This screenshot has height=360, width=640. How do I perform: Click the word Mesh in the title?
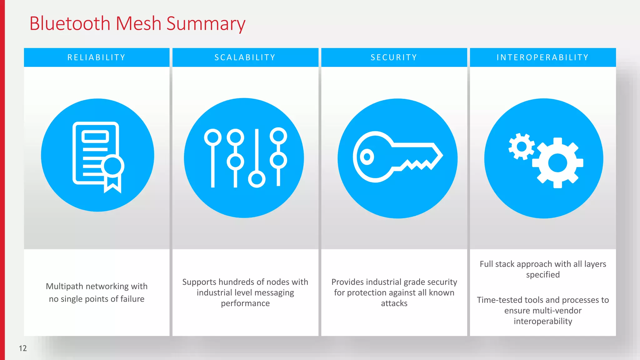pyautogui.click(x=138, y=24)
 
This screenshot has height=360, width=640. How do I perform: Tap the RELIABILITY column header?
pyautogui.click(x=97, y=57)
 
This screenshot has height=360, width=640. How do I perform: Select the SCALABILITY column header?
pyautogui.click(x=245, y=57)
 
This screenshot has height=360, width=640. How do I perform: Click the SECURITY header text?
pyautogui.click(x=394, y=57)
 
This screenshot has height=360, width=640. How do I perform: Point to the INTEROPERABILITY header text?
pyautogui.click(x=542, y=57)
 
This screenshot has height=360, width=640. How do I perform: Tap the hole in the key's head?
pyautogui.click(x=367, y=157)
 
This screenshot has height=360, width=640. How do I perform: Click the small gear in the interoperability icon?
pyautogui.click(x=521, y=146)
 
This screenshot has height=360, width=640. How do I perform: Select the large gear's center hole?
pyautogui.click(x=557, y=163)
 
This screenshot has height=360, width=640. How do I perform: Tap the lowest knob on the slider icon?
pyautogui.click(x=257, y=179)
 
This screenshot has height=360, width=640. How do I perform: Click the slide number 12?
pyautogui.click(x=23, y=348)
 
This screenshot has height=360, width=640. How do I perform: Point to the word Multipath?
pyautogui.click(x=65, y=286)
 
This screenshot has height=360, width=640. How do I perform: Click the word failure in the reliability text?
pyautogui.click(x=132, y=299)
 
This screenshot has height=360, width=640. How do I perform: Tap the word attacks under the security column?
pyautogui.click(x=394, y=303)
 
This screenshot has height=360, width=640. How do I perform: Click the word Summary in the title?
pyautogui.click(x=206, y=24)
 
